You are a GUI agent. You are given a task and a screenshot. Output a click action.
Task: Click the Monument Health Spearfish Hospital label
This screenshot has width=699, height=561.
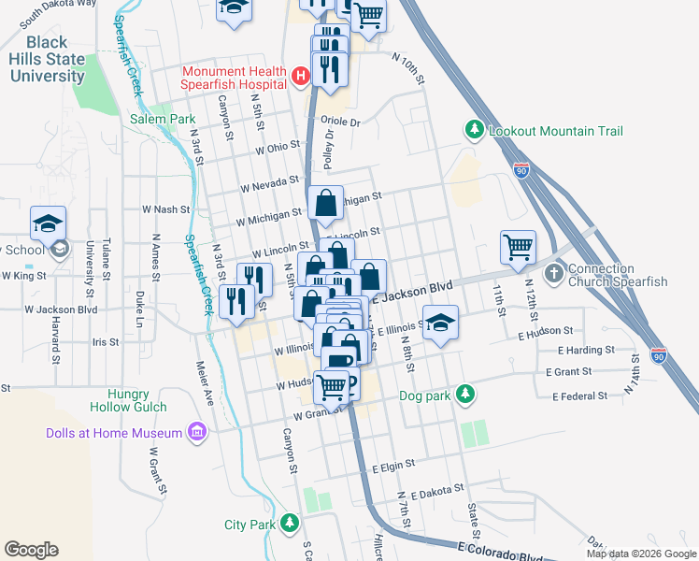click(234, 77)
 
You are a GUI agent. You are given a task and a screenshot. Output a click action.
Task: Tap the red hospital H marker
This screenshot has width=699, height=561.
click(300, 76)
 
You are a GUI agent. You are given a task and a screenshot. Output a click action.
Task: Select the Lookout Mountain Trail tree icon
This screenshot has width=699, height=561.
click(475, 131)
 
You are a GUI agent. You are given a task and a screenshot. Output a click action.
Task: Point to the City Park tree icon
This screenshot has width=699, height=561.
click(290, 524)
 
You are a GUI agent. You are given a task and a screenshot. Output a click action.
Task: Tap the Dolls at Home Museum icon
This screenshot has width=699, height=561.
click(196, 432)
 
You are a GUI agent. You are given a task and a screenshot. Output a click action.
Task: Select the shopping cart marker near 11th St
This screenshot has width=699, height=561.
click(518, 248)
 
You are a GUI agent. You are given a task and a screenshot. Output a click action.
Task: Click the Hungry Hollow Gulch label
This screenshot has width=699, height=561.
click(128, 399)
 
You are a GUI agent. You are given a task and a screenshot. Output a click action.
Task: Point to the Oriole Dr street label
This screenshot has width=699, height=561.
click(340, 122)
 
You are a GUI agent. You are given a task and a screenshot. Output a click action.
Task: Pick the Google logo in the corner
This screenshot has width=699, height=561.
click(31, 549)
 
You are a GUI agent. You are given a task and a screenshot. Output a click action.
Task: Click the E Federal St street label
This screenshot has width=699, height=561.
click(581, 396)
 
